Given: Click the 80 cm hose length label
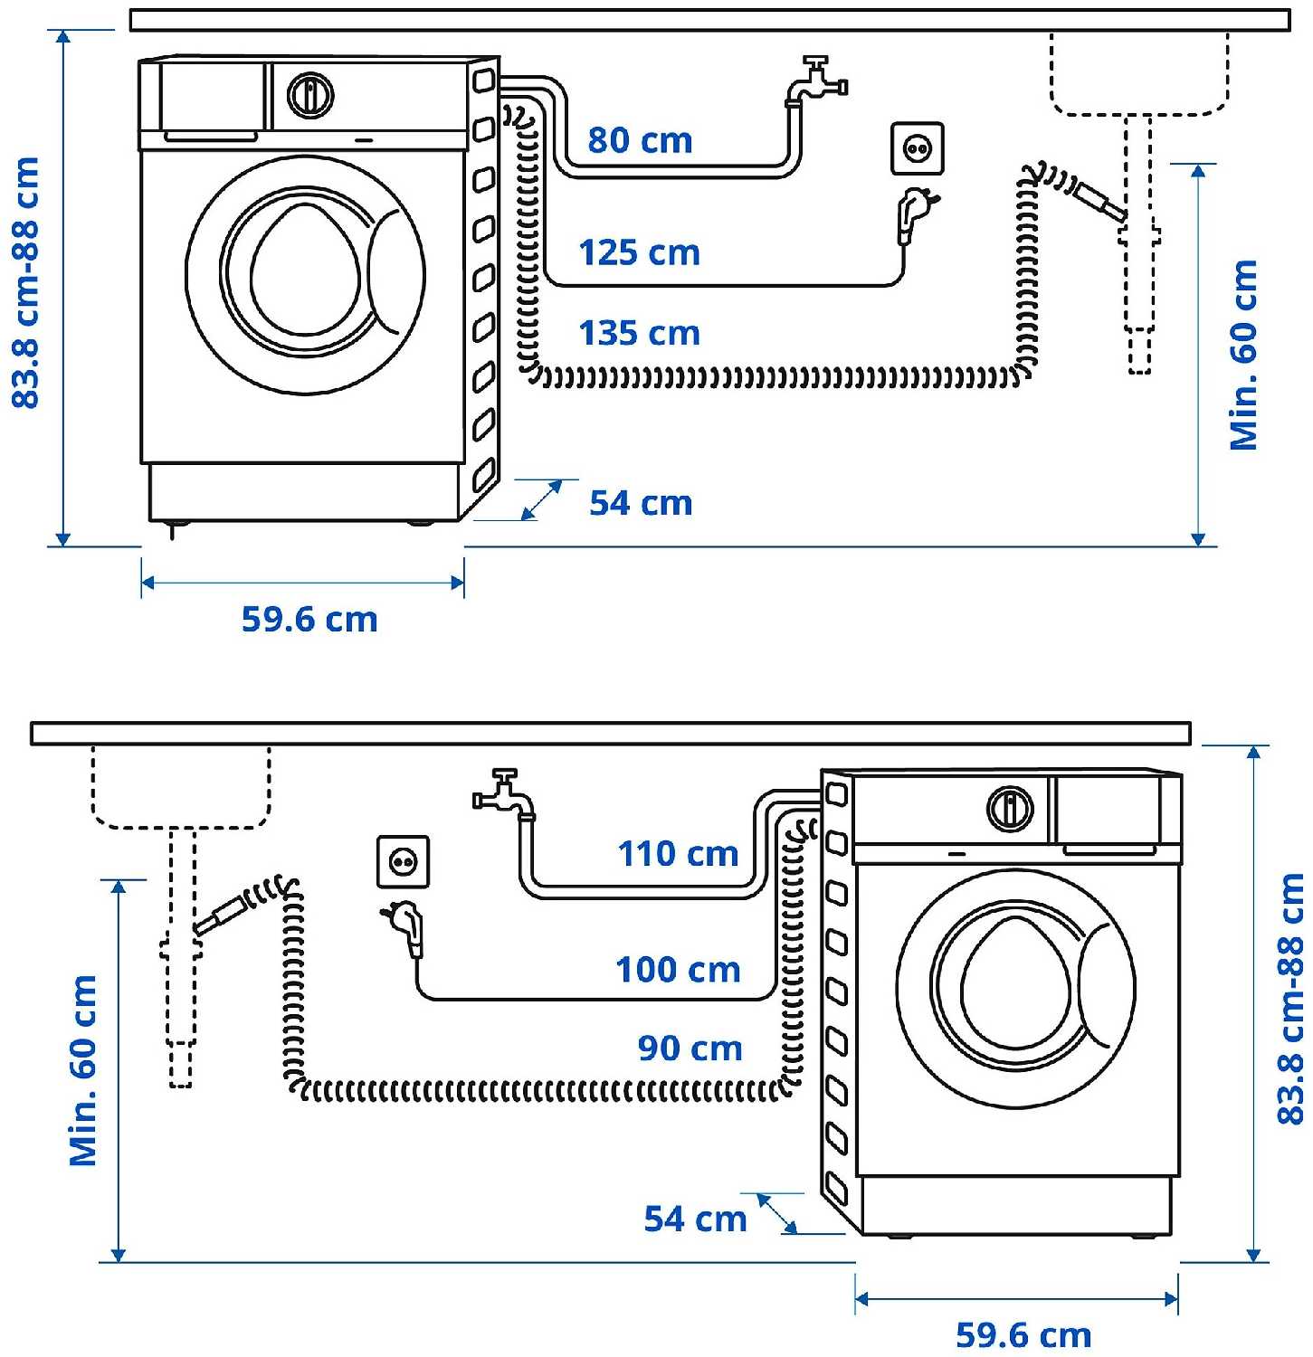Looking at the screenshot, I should [x=640, y=140].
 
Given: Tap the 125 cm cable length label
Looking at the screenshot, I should [x=639, y=252].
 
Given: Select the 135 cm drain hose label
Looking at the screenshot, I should [x=639, y=333].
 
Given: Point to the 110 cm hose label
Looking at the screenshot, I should [x=678, y=853].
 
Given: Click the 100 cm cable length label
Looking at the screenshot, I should [x=678, y=970].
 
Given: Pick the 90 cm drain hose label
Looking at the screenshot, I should [x=690, y=1049].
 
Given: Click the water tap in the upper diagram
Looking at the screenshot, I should [x=814, y=81].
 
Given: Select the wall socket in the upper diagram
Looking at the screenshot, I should [x=918, y=147].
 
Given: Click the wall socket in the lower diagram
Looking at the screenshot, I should [x=403, y=861].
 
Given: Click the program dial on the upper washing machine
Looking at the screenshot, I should [x=309, y=95].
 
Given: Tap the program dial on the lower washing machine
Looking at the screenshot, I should [x=1009, y=808].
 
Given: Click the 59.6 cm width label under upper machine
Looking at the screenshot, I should [x=309, y=620].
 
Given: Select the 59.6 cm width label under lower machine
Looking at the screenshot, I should [x=1023, y=1334].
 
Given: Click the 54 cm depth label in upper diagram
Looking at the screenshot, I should [x=641, y=503].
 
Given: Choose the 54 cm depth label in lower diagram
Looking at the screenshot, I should [x=695, y=1219].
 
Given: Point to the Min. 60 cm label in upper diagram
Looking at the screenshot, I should [x=1244, y=355].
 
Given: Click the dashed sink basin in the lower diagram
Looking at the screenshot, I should [x=181, y=785].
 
